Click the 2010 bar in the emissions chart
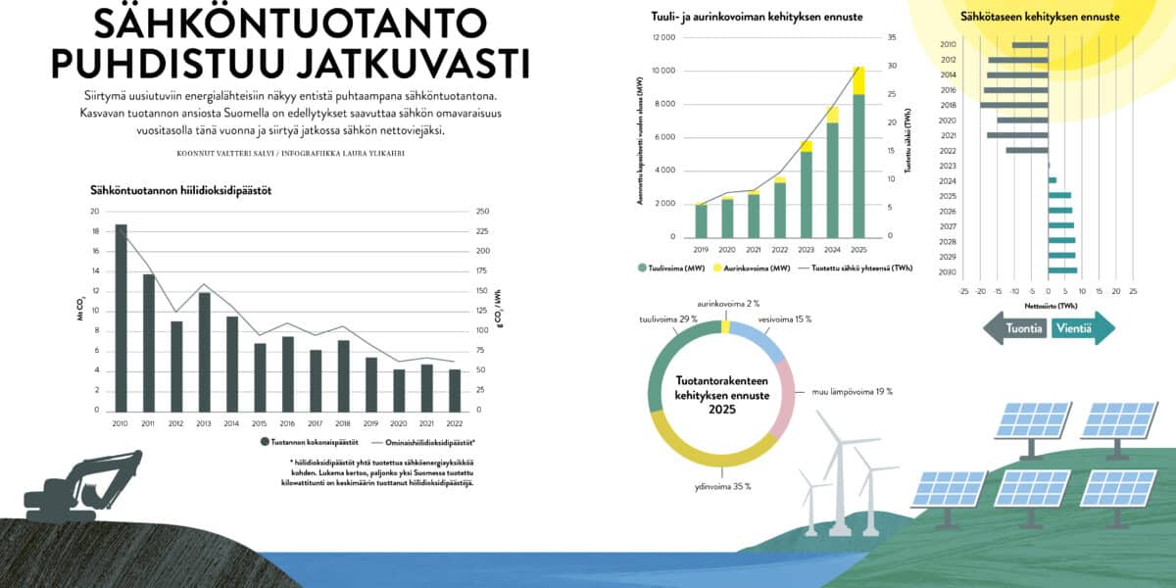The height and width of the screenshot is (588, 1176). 122,318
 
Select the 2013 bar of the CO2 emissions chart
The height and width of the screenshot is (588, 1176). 205,353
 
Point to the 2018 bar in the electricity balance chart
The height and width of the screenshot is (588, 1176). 1014,105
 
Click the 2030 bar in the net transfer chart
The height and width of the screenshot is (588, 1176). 1062,270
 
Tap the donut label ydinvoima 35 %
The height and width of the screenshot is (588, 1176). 722,486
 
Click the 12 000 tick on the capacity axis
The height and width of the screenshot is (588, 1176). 663,37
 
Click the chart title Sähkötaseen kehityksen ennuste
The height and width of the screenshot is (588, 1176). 1040,18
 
